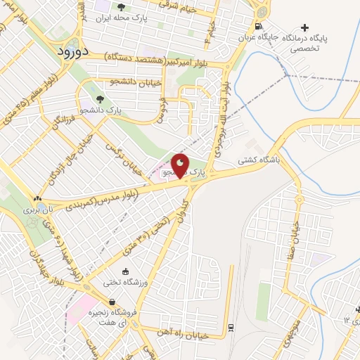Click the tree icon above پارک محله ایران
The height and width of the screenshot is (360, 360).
pos(124,6)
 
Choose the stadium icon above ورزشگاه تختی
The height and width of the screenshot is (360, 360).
pos(126,271)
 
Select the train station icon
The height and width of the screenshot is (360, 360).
pos(231,327)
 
